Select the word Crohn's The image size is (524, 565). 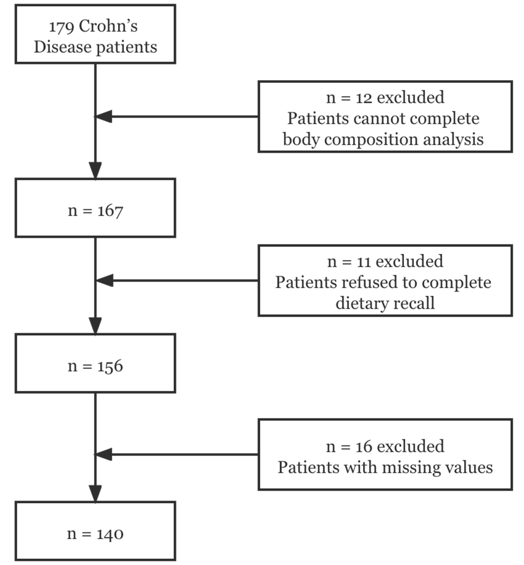(108, 26)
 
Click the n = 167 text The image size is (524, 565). (95, 211)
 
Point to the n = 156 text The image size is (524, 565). (95, 366)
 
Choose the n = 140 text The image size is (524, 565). (95, 534)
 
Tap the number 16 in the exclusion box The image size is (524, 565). (364, 446)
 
